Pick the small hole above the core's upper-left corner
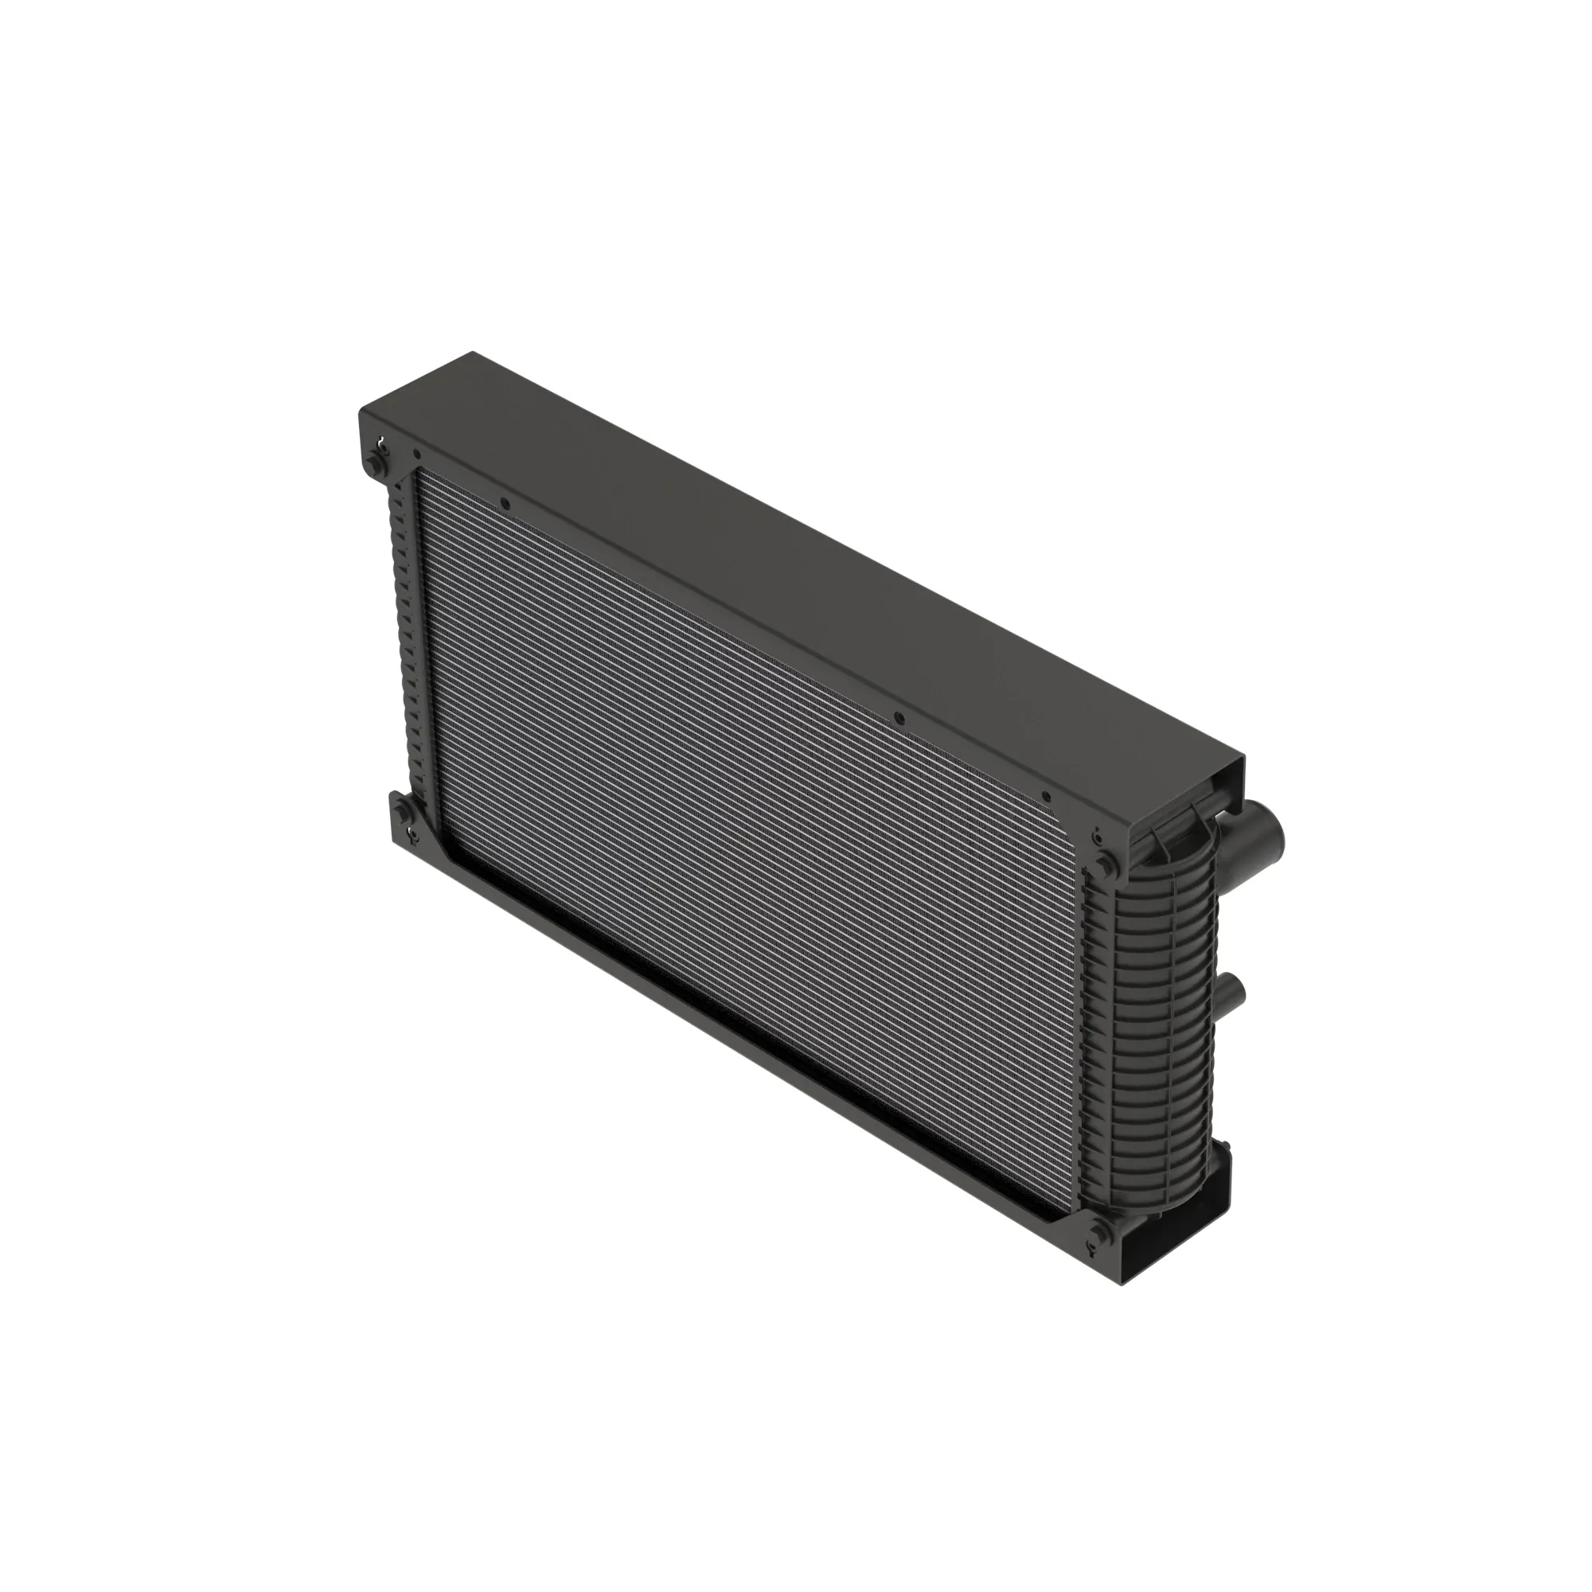[417, 453]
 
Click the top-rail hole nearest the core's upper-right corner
[1045, 797]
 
